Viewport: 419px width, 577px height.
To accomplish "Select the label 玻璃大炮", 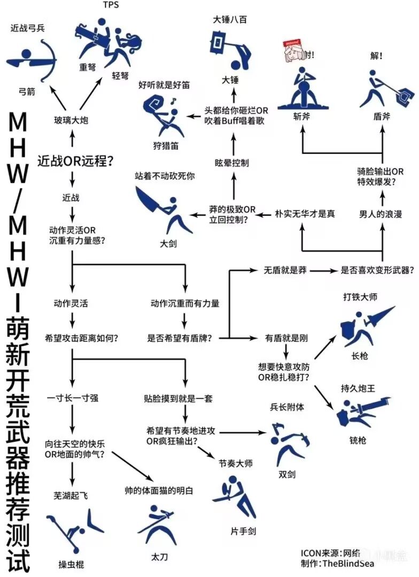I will click(71, 121).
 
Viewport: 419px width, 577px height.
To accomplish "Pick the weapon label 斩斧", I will click(301, 116).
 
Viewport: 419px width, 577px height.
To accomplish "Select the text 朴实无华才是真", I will click(305, 214).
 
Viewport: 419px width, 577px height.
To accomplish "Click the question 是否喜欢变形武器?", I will click(377, 271).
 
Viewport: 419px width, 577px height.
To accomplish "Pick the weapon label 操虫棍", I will click(71, 564).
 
